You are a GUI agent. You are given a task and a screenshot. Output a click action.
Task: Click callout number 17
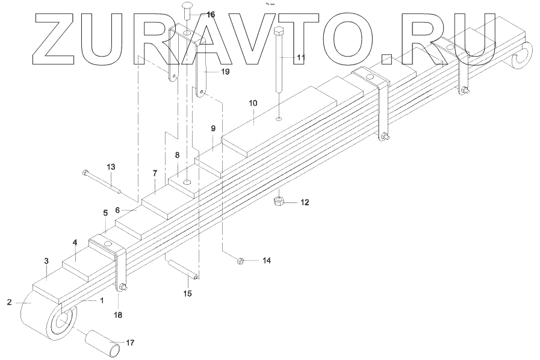130,343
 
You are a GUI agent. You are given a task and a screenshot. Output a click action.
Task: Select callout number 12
305,202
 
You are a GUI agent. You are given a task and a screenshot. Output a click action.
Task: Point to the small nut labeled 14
239,261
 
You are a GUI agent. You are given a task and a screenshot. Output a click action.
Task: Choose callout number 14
266,261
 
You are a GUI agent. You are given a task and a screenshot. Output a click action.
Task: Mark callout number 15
188,293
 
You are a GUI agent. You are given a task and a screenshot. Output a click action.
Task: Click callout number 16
210,14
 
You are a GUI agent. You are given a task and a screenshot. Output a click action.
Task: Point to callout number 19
225,72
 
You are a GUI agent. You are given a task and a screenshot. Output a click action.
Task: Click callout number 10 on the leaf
253,104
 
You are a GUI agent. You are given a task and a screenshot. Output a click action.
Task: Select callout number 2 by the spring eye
10,302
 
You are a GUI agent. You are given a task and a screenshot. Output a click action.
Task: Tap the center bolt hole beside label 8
188,182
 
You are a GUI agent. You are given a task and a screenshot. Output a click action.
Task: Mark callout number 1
102,299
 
